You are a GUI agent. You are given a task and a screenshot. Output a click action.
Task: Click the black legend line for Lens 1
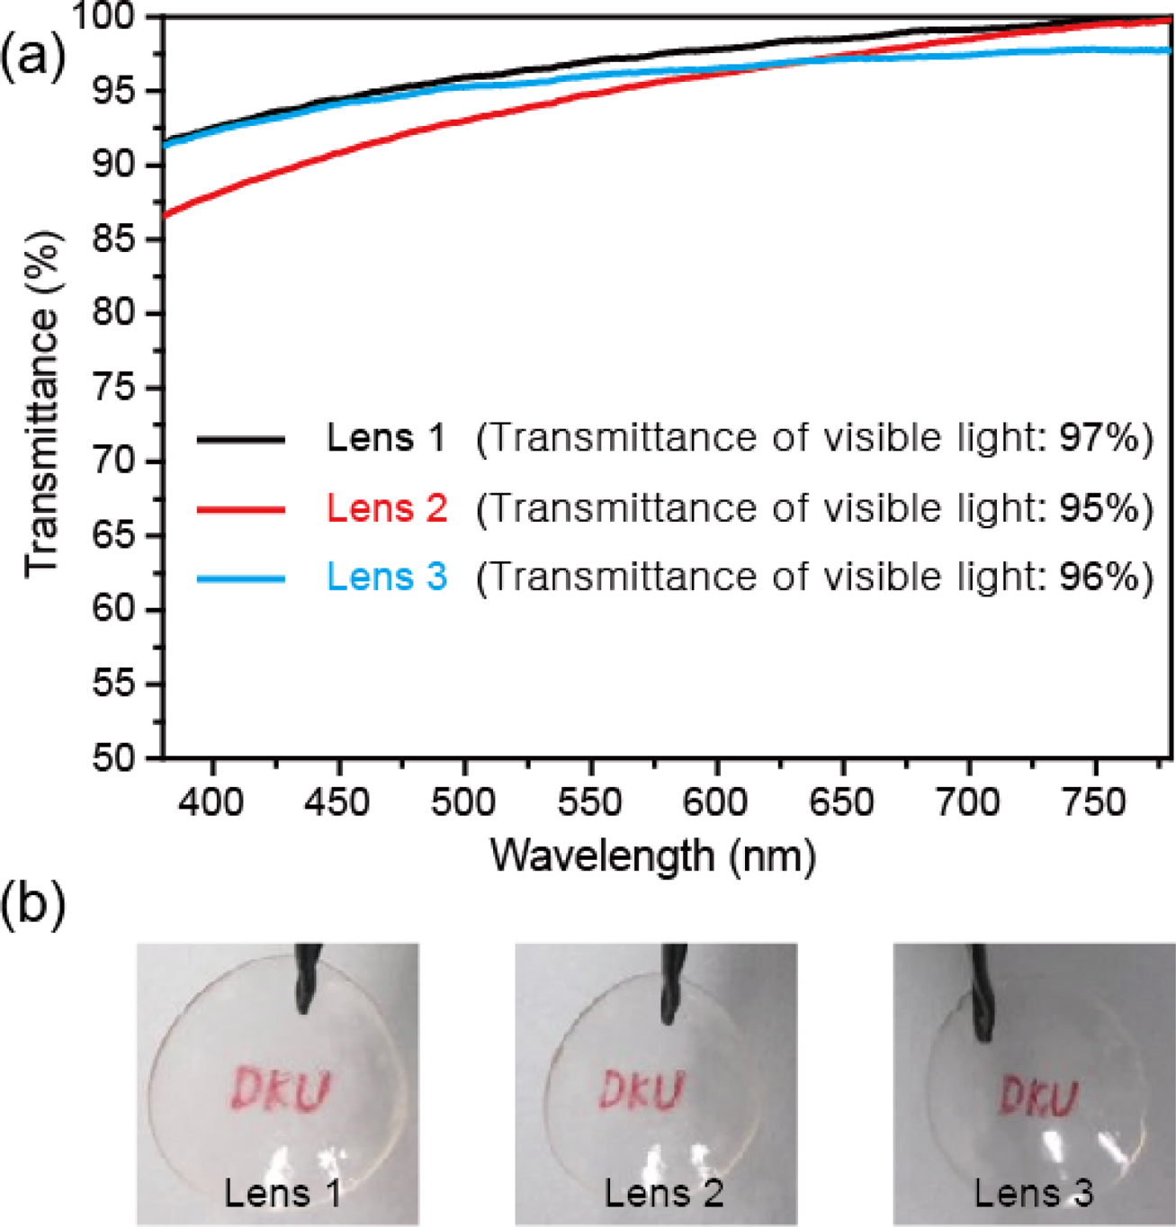pos(240,439)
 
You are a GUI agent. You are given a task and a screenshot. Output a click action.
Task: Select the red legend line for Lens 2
pos(240,509)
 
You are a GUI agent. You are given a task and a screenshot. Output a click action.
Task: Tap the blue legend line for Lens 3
pos(240,578)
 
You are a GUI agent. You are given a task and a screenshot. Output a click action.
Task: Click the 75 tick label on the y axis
pos(114,388)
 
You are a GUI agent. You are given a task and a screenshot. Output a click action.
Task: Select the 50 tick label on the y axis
pos(114,758)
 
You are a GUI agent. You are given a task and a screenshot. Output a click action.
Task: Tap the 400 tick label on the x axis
pos(211,802)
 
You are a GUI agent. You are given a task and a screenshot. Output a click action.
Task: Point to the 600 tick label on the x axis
pos(716,802)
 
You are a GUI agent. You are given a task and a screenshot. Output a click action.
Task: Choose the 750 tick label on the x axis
pos(1095,802)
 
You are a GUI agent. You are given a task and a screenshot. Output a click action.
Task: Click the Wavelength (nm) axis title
pos(653,855)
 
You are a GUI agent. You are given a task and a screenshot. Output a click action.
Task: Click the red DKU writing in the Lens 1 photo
pos(280,1088)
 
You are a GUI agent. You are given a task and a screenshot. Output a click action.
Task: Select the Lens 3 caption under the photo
pos(1033,1194)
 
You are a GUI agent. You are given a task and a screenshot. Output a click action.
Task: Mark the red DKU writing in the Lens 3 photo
pos(1038,1097)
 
